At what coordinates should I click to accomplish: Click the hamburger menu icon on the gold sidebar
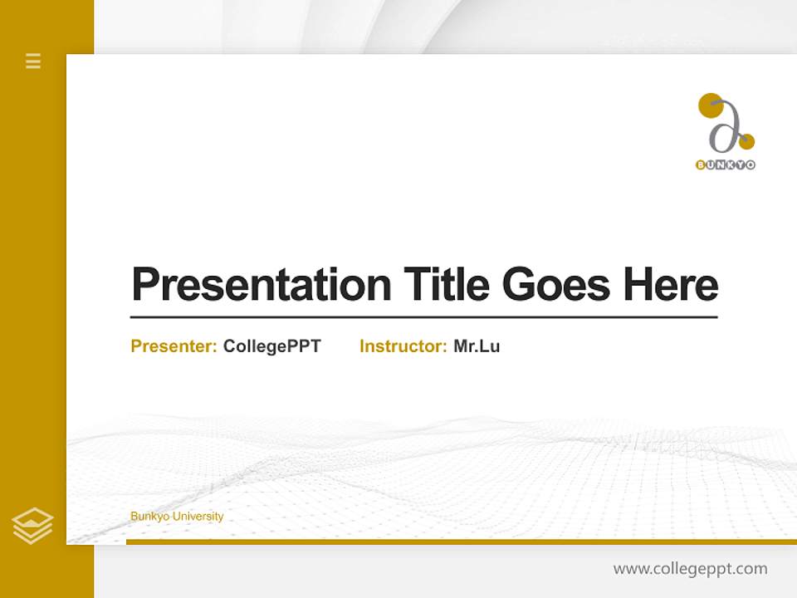33,61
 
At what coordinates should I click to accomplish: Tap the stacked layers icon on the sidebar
32,525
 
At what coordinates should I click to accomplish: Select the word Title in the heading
447,284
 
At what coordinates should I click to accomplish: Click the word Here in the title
671,284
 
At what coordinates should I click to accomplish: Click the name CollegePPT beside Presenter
271,346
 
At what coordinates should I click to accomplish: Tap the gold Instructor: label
403,346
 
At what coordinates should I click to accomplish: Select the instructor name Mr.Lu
477,346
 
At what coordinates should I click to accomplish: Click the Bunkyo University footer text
177,517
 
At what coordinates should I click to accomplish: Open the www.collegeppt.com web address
690,569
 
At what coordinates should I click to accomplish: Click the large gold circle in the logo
710,105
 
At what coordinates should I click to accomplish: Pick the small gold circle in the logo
746,140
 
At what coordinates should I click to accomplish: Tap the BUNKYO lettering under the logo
726,164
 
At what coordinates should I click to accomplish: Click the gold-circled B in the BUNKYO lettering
701,164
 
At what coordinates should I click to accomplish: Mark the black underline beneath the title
423,316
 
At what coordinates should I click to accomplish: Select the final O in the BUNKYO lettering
751,164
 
